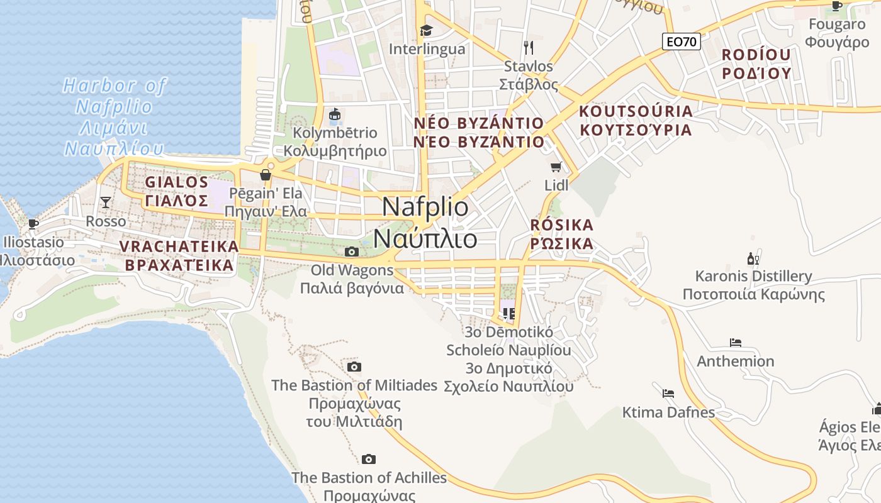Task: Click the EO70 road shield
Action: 682,41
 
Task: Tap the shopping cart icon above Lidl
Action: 556,167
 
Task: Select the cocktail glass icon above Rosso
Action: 106,202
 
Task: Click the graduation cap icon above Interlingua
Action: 427,30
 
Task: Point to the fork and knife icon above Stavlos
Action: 529,47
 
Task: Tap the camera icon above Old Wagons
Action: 352,252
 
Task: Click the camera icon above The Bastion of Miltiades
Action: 354,367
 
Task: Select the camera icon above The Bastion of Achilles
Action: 369,460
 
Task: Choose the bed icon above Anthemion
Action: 736,343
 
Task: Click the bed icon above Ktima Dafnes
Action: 668,394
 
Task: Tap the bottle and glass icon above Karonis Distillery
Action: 753,258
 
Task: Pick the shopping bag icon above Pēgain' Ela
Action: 266,175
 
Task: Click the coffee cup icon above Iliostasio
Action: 33,224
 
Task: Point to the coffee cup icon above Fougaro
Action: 836,6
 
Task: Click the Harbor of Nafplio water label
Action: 114,117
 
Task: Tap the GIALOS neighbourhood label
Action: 176,191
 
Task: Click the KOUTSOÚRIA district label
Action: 635,120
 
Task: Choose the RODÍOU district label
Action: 756,64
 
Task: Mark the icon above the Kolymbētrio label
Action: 335,115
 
